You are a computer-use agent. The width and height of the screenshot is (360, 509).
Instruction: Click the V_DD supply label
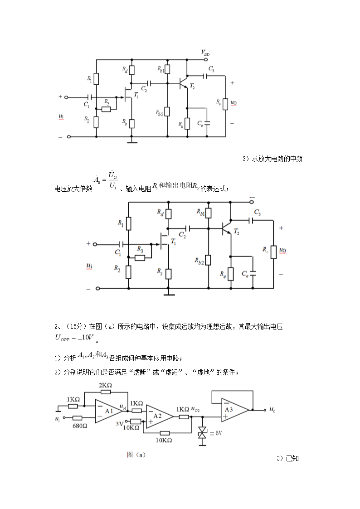[x=205, y=53]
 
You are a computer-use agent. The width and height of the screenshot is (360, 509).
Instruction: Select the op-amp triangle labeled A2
[x=157, y=416]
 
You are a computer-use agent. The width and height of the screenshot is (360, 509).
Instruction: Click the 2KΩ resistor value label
[x=105, y=386]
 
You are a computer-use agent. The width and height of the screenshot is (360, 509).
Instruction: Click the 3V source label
[x=119, y=424]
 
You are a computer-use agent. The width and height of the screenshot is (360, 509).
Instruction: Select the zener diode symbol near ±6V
[x=201, y=434]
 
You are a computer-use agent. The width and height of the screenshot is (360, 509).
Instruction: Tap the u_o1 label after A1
[x=122, y=407]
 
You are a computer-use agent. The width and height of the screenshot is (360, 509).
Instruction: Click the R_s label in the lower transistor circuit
[x=160, y=271]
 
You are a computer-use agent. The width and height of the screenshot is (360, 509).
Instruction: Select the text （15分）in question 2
[x=76, y=326]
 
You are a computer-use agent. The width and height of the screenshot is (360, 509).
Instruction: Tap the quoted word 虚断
[x=137, y=372]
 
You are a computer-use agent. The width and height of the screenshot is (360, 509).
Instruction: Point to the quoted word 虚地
[x=201, y=372]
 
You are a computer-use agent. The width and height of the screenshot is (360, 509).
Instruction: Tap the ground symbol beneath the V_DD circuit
[x=132, y=142]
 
